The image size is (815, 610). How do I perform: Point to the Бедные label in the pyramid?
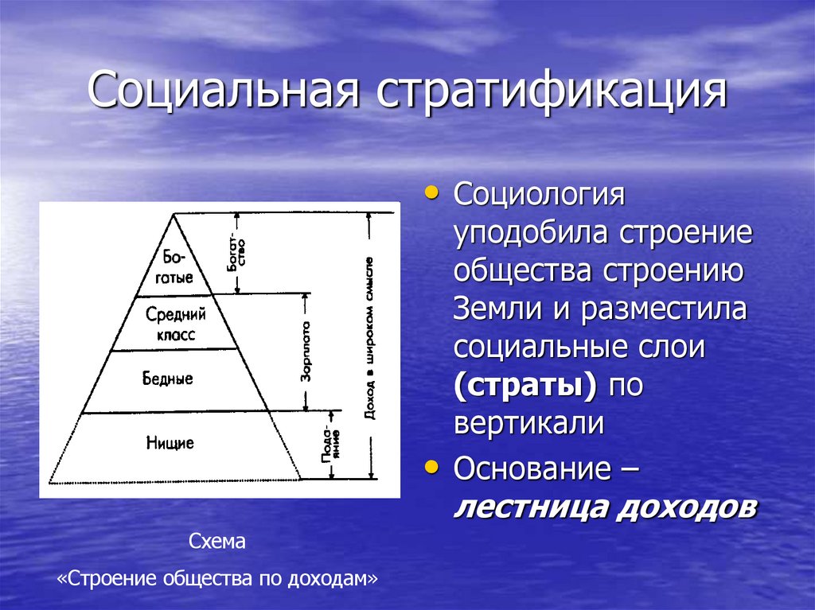tap(169, 379)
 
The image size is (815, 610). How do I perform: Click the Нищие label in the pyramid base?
tap(170, 442)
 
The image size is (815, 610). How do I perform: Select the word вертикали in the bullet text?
tap(528, 424)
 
